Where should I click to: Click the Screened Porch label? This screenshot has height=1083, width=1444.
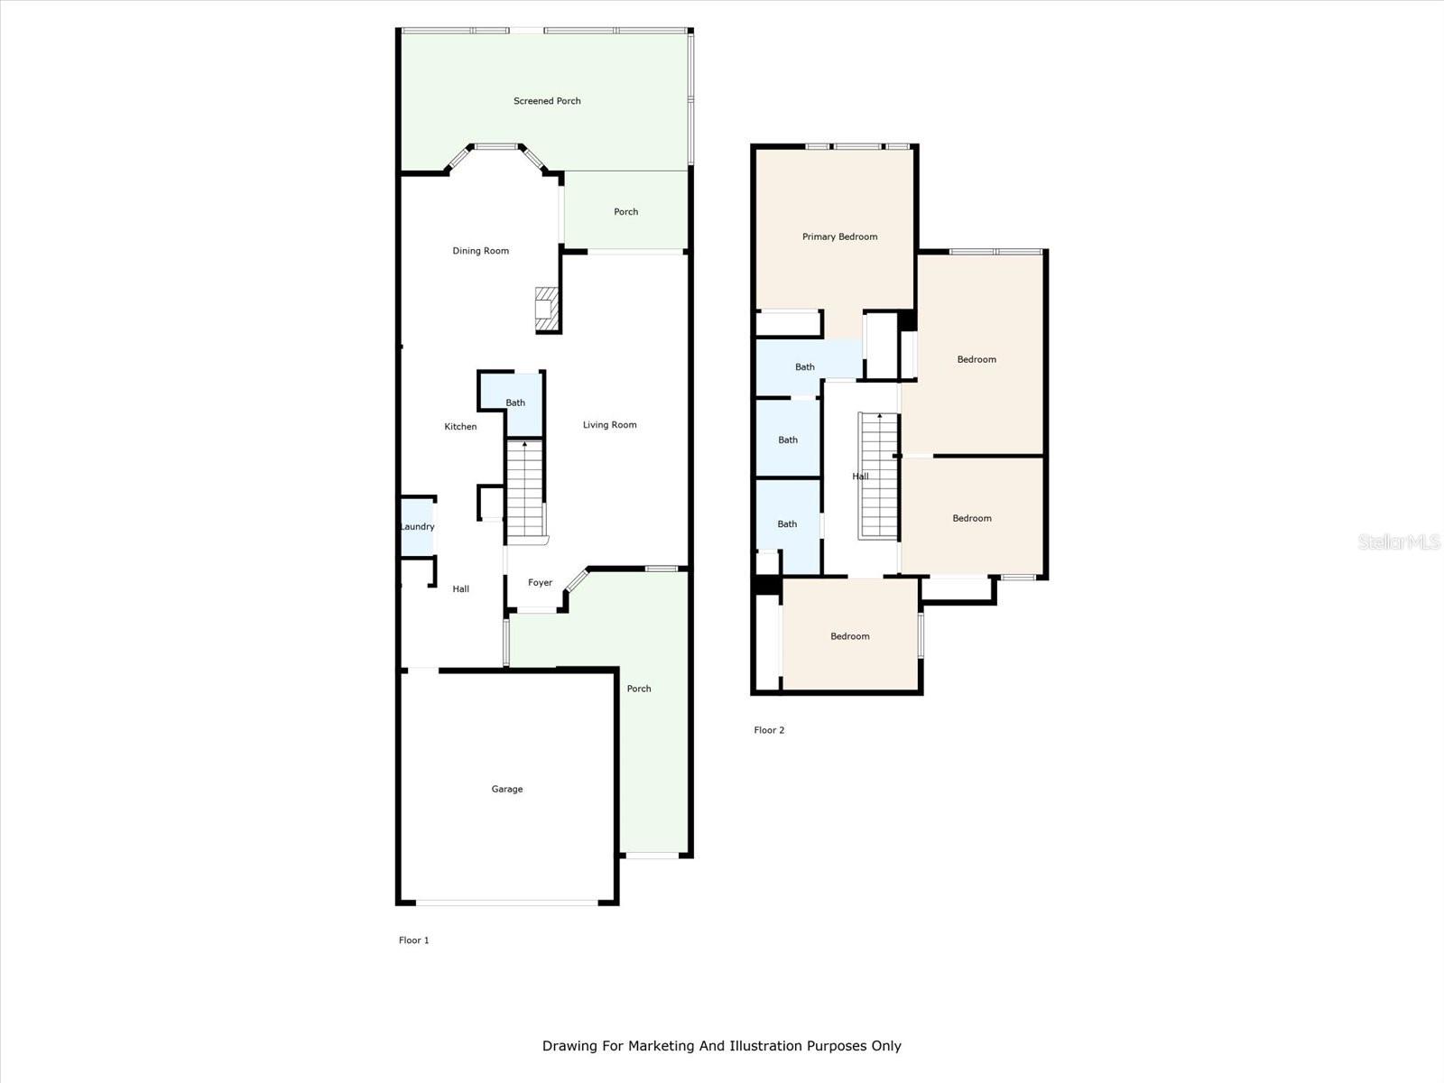[547, 101]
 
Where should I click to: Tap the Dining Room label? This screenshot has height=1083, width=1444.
[480, 251]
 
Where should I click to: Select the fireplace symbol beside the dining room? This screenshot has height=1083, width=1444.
[547, 308]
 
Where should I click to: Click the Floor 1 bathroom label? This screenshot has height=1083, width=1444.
[514, 403]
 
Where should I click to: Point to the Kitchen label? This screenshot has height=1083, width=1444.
[460, 427]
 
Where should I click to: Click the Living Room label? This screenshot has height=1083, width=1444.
[609, 425]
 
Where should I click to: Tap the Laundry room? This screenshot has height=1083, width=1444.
[417, 527]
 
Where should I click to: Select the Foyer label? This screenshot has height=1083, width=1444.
[540, 583]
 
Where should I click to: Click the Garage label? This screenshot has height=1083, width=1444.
[506, 789]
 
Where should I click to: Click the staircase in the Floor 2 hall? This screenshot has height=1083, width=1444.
[877, 476]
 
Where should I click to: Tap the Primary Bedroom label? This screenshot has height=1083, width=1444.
[839, 237]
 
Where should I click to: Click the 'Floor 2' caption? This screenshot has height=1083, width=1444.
[769, 730]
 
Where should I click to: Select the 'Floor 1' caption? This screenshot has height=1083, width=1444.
[413, 940]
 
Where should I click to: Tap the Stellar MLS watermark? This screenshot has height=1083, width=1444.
[1399, 541]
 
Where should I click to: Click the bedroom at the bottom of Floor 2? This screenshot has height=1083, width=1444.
[849, 636]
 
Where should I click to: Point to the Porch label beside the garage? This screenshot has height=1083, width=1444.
[639, 689]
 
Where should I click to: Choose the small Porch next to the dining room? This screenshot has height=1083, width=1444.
[625, 212]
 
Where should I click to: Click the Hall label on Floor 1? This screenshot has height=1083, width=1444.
[460, 589]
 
